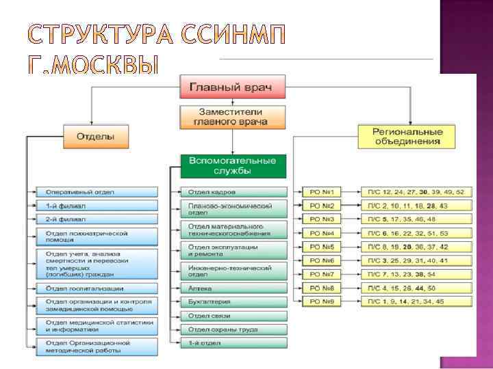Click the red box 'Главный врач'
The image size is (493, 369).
[x=233, y=87]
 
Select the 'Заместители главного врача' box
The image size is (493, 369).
[x=233, y=115]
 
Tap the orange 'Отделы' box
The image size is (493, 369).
[x=95, y=136]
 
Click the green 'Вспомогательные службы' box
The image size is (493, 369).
[x=233, y=165]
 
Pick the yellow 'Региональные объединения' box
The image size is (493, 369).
[x=408, y=136]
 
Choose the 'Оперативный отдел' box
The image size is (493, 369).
[x=97, y=193]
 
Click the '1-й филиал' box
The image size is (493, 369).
[x=97, y=206]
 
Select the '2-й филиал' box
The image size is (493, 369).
[x=97, y=219]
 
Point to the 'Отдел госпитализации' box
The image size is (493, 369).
[x=97, y=288]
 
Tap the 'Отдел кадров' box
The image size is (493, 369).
[x=233, y=193]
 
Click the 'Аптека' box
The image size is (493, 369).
[x=233, y=288]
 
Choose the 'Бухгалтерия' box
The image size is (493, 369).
[x=233, y=301]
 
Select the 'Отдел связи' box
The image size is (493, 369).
[x=233, y=315]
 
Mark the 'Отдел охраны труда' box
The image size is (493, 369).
[x=233, y=329]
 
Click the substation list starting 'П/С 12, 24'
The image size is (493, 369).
[x=416, y=193]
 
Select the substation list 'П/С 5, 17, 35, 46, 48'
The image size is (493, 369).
[x=416, y=219]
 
